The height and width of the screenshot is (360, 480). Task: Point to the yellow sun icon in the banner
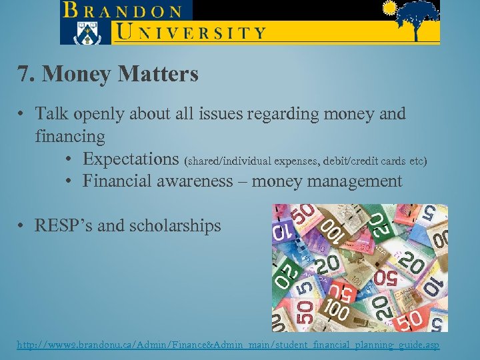[389, 8]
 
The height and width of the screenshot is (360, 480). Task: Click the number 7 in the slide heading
[23, 74]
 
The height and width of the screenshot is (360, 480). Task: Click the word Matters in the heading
[158, 74]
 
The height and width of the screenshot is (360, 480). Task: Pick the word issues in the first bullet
[215, 114]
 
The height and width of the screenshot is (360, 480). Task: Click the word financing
[70, 137]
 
